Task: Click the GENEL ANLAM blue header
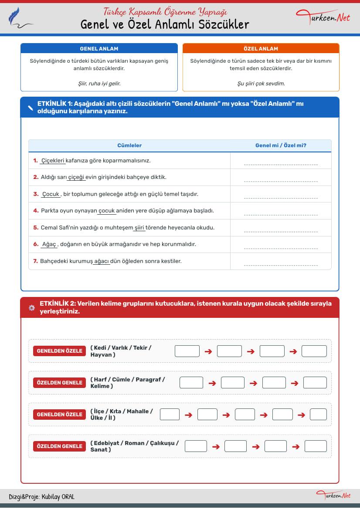pyautogui.click(x=99, y=48)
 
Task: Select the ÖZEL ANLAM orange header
pyautogui.click(x=261, y=48)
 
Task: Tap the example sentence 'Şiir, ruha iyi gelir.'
pyautogui.click(x=99, y=83)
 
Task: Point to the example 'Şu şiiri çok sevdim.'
pyautogui.click(x=261, y=83)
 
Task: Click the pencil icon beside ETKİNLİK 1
pyautogui.click(x=31, y=108)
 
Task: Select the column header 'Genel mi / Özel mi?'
pyautogui.click(x=281, y=145)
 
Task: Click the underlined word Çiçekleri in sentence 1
pyautogui.click(x=53, y=161)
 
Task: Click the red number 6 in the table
pyautogui.click(x=36, y=244)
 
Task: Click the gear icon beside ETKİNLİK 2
pyautogui.click(x=31, y=307)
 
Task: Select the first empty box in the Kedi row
pyautogui.click(x=187, y=351)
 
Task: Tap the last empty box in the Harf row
pyautogui.click(x=315, y=383)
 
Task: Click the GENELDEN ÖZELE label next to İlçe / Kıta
pyautogui.click(x=59, y=415)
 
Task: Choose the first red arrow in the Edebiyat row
pyautogui.click(x=216, y=446)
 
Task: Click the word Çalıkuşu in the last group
pyautogui.click(x=164, y=443)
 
